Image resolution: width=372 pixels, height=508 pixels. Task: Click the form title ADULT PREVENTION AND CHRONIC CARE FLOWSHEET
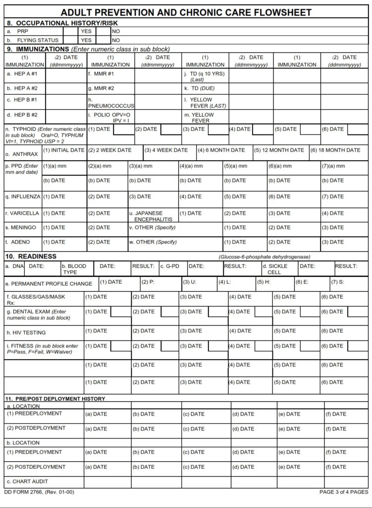tap(186, 12)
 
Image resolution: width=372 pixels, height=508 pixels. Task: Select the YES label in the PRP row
tap(86, 31)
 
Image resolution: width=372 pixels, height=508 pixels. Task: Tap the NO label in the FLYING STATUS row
tap(116, 40)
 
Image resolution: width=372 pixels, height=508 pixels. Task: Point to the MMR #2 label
tap(101, 88)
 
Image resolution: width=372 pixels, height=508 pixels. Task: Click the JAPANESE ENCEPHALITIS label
tap(153, 216)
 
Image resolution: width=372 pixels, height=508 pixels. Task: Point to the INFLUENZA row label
tap(23, 196)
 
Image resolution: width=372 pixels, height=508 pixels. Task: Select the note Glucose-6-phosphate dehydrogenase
tap(265, 257)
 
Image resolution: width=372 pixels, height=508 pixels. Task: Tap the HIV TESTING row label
tap(26, 332)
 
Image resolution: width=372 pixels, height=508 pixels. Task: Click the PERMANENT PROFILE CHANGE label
tap(49, 284)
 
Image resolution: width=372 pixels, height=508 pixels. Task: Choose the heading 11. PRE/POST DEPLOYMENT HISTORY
tap(55, 399)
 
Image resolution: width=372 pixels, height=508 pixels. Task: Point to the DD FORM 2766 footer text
tap(39, 492)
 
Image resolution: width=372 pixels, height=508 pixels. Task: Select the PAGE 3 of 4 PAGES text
tap(344, 492)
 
